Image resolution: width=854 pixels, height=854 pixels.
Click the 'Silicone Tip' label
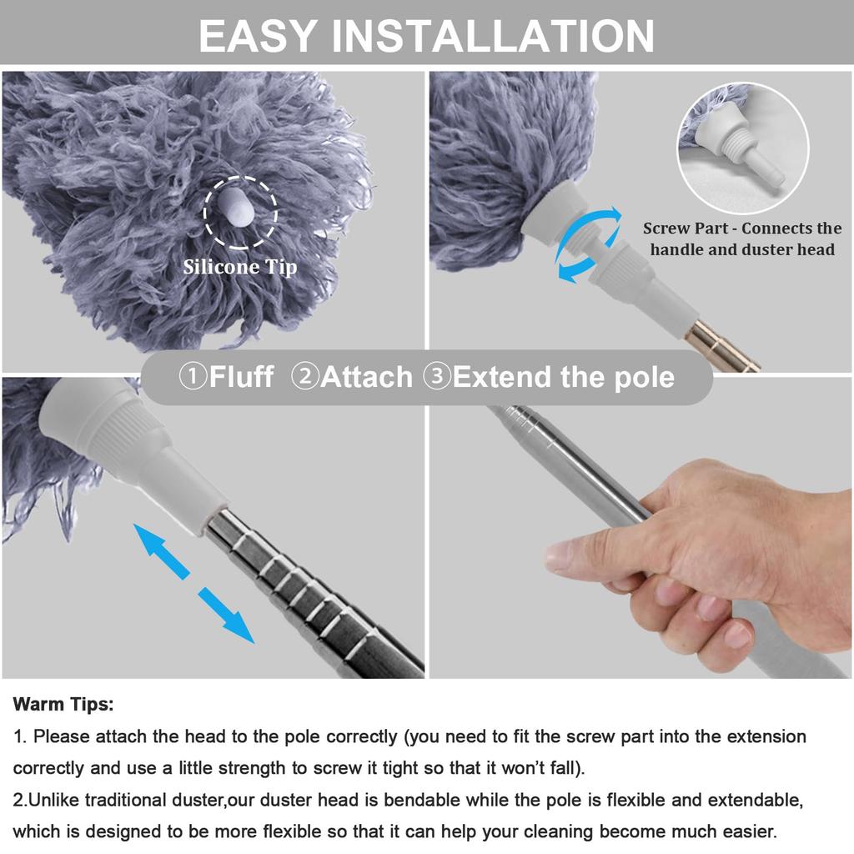[240, 267]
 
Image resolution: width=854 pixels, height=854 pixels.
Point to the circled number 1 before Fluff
[193, 376]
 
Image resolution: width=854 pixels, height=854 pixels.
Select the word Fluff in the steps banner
[241, 376]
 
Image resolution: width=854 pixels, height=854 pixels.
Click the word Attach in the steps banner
[366, 376]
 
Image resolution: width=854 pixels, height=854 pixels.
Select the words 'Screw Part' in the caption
[688, 229]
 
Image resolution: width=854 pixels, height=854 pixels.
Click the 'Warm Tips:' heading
[63, 705]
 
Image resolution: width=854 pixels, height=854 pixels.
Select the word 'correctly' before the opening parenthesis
[358, 737]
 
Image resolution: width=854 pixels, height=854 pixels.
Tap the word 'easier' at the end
[747, 831]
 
